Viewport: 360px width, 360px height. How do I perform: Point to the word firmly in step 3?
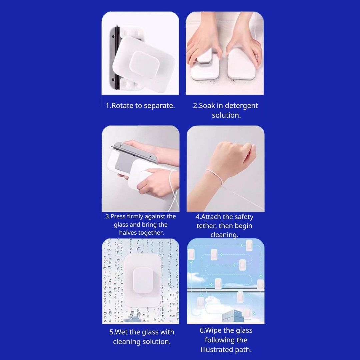(x=135, y=217)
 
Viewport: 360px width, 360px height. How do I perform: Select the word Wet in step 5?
(x=121, y=332)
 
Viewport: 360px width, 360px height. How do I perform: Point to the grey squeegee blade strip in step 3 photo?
(x=134, y=152)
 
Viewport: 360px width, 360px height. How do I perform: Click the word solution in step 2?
(x=226, y=115)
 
